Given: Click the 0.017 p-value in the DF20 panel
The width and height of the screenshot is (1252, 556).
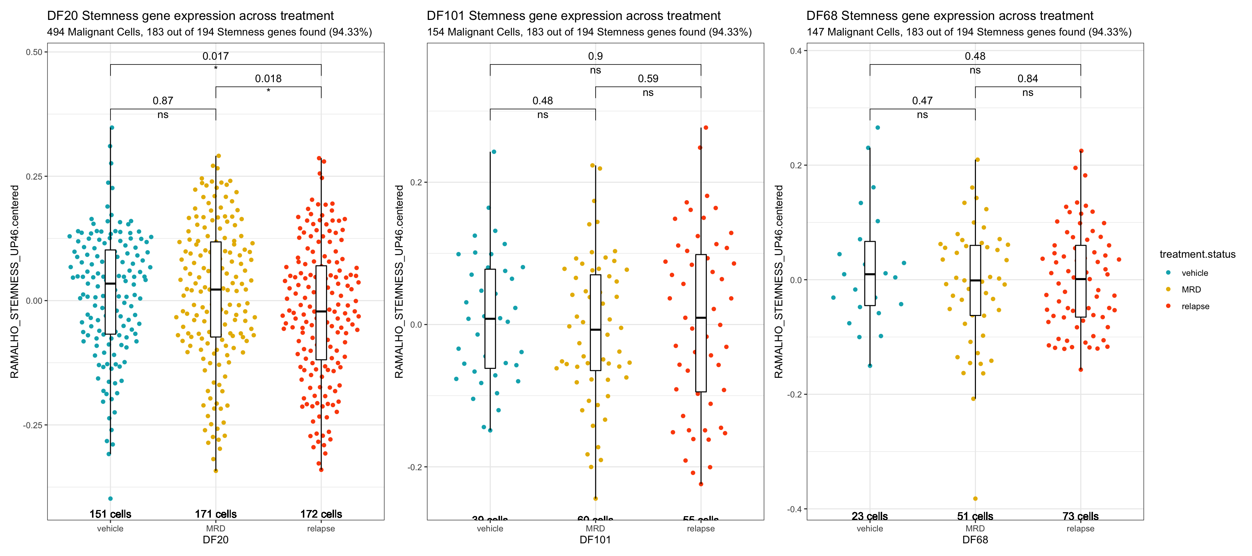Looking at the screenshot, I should [x=215, y=56].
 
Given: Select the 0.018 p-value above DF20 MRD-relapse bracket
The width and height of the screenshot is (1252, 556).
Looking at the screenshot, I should [x=268, y=79].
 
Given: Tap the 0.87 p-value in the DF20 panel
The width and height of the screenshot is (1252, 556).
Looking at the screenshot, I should [x=163, y=101].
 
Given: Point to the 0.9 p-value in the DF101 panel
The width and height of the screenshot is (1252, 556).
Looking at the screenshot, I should [x=595, y=56].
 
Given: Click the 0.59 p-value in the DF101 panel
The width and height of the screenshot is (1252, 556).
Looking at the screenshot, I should [x=648, y=79].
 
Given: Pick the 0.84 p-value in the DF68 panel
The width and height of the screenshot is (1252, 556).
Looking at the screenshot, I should [x=1027, y=79].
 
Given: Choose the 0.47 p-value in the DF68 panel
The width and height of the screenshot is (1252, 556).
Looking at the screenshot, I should [x=922, y=101].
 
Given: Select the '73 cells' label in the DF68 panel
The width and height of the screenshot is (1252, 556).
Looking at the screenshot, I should [x=1080, y=516].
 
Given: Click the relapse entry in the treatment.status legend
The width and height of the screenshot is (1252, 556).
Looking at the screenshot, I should [x=1195, y=306].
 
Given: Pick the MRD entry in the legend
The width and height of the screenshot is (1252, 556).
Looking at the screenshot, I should [x=1191, y=290].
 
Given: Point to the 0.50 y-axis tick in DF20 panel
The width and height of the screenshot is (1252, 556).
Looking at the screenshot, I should [x=34, y=52].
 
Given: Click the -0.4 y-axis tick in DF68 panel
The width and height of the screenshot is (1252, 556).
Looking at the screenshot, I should [x=794, y=509].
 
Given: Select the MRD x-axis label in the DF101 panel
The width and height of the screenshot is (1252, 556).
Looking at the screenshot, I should [x=595, y=528].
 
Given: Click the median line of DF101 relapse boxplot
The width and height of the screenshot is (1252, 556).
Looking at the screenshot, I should [x=701, y=317].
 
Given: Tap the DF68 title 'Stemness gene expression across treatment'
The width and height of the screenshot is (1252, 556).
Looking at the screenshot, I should [x=950, y=16].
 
